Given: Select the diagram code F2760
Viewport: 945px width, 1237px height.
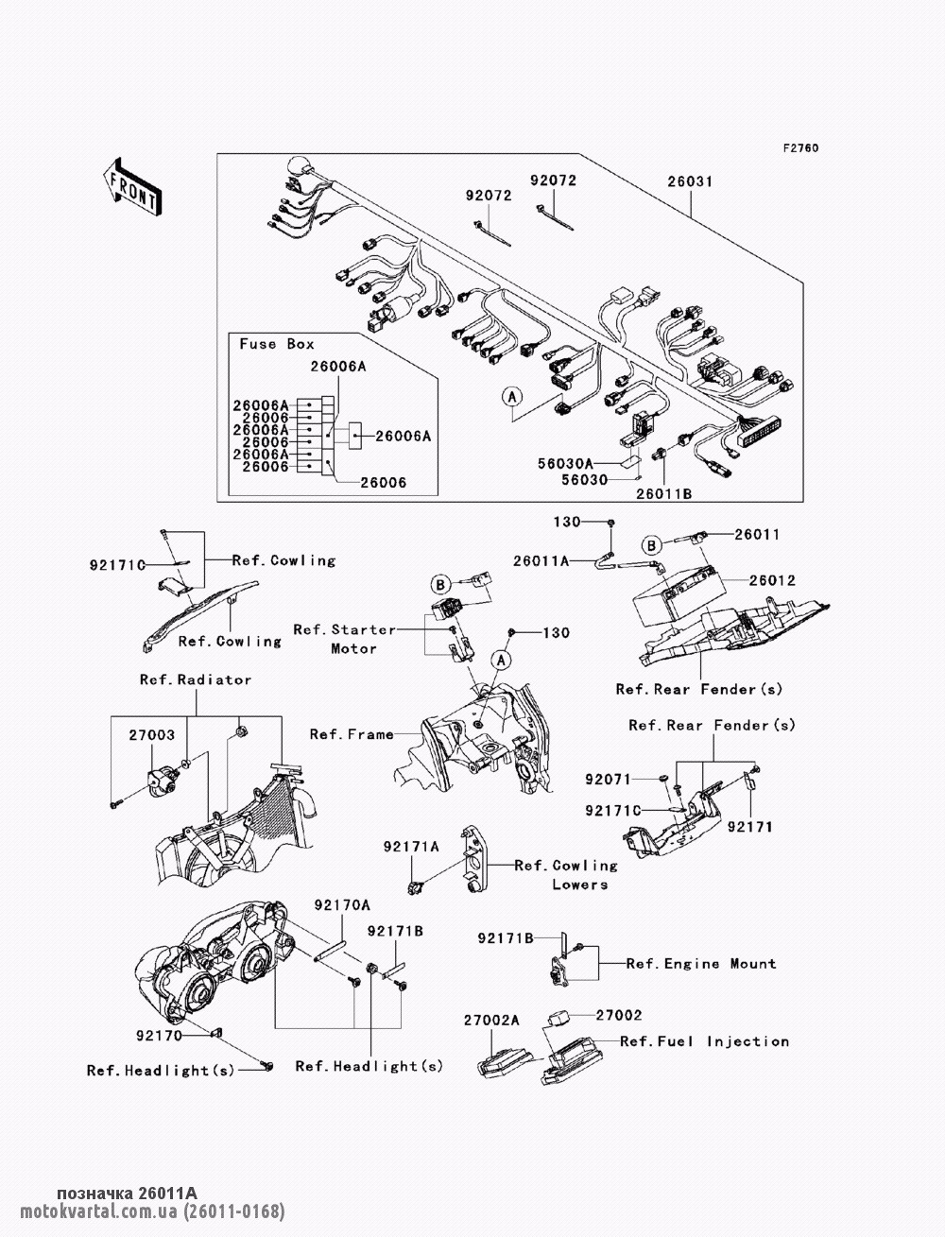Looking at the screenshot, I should tap(799, 148).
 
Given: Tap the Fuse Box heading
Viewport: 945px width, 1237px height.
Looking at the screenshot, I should tap(277, 344).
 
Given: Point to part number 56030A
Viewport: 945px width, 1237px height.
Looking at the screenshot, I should tap(593, 463).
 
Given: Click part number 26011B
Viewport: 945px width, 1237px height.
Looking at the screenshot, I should tap(663, 493).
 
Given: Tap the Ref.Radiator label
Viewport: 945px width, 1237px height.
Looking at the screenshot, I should tap(196, 679).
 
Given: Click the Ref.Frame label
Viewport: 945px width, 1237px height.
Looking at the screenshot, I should tap(352, 734).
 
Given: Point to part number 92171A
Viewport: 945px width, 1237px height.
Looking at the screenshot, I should tap(410, 848).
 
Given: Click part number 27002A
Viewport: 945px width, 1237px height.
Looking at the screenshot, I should tap(491, 1021).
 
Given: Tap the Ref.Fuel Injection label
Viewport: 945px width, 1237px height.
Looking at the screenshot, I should tap(704, 1041).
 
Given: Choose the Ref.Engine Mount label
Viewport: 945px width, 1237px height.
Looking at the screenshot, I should tap(701, 964).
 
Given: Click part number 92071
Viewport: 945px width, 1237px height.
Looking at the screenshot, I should tap(607, 780).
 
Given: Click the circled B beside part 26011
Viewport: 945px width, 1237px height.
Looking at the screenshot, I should tap(651, 544).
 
